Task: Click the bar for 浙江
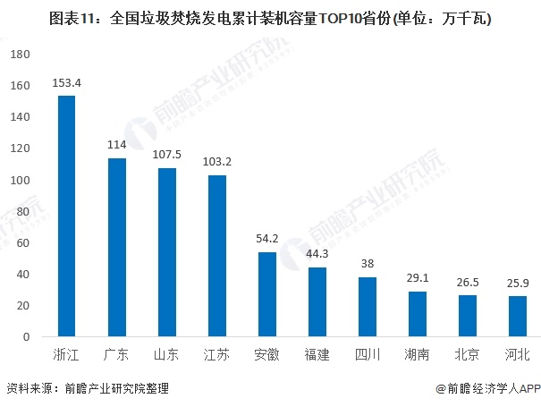pyautogui.click(x=66, y=216)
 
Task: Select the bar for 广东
pyautogui.click(x=116, y=248)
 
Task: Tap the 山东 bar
pyautogui.click(x=166, y=252)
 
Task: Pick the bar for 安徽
pyautogui.click(x=266, y=294)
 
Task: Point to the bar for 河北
pyautogui.click(x=517, y=317)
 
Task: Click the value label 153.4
pyautogui.click(x=66, y=83)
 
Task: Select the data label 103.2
pyautogui.click(x=216, y=162)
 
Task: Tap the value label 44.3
pyautogui.click(x=317, y=255)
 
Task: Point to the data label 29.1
pyautogui.click(x=417, y=279)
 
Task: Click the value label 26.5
pyautogui.click(x=467, y=283)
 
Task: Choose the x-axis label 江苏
pyautogui.click(x=216, y=355)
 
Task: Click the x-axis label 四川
pyautogui.click(x=367, y=355)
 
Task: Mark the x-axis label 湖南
pyautogui.click(x=417, y=355)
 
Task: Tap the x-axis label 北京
pyautogui.click(x=467, y=355)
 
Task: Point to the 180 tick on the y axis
pyautogui.click(x=21, y=55)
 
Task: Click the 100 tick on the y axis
pyautogui.click(x=21, y=181)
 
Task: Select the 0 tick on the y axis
pyautogui.click(x=29, y=337)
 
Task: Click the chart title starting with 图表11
pyautogui.click(x=270, y=17)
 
